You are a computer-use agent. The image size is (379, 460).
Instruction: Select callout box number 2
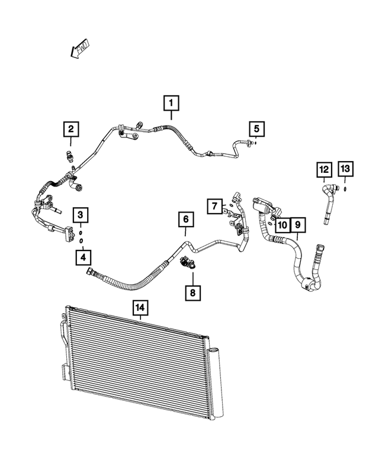click(70, 128)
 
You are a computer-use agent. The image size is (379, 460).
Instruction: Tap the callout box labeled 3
click(81, 214)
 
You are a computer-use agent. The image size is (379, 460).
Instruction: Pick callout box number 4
click(83, 257)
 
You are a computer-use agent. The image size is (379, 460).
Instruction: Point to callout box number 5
click(257, 128)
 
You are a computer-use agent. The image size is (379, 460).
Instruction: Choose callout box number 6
click(186, 220)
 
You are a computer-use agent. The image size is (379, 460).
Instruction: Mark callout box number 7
click(214, 207)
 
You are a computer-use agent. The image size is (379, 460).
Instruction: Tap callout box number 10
click(282, 225)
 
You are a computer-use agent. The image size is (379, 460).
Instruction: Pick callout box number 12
click(324, 170)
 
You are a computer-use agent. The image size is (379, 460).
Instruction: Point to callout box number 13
click(345, 170)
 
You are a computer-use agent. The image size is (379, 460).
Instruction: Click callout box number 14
click(140, 308)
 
